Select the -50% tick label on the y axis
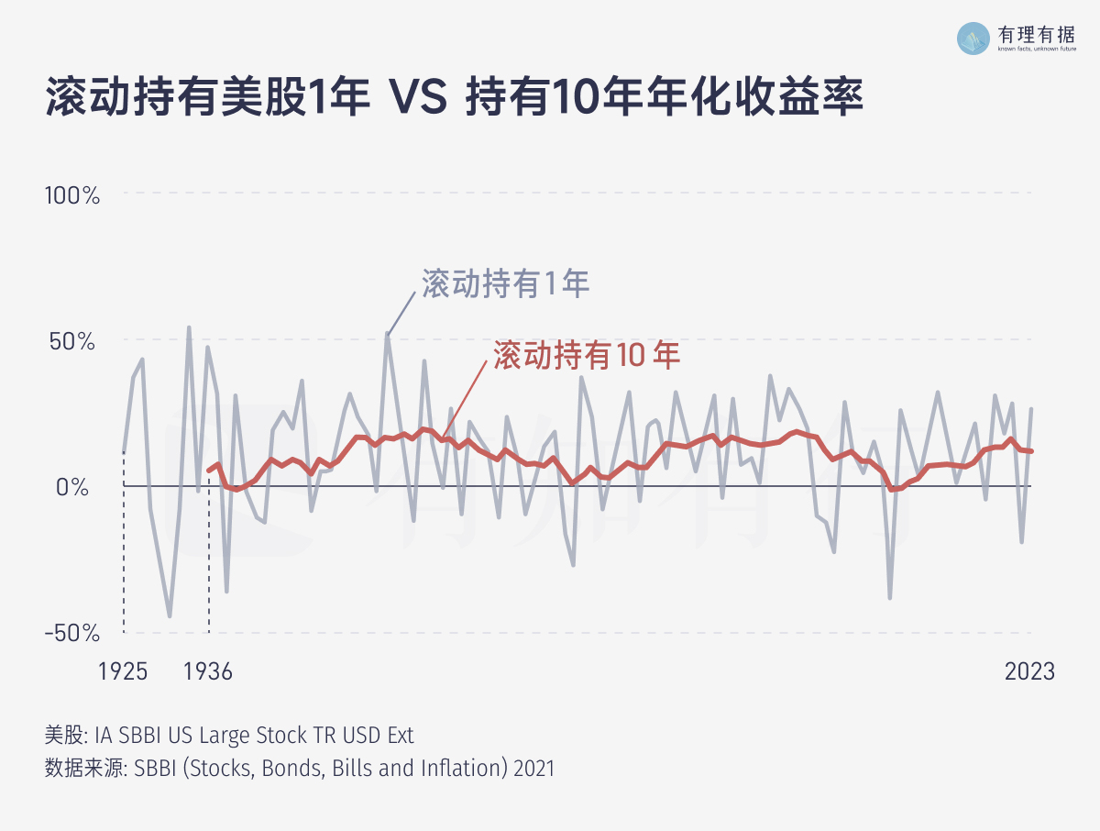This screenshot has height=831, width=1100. click(71, 633)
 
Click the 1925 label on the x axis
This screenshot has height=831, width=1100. click(123, 671)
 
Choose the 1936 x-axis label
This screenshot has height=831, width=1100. click(208, 671)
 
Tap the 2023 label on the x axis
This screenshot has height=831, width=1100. click(1029, 671)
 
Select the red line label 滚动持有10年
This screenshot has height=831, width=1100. click(587, 356)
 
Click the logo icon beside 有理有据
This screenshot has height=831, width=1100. click(973, 38)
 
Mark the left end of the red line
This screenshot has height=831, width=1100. click(209, 471)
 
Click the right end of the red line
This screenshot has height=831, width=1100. click(1031, 450)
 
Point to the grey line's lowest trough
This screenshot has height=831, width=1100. click(170, 616)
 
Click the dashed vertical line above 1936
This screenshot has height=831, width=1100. click(209, 569)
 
